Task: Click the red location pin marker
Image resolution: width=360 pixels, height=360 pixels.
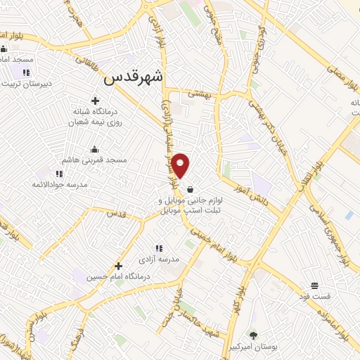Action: (x=181, y=165)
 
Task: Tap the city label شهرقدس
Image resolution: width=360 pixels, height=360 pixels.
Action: (x=133, y=79)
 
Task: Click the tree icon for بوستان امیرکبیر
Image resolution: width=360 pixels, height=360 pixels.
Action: (x=253, y=335)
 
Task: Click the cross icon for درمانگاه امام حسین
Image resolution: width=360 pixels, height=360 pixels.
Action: (x=118, y=266)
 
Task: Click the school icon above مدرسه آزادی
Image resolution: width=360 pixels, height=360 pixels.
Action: (x=159, y=247)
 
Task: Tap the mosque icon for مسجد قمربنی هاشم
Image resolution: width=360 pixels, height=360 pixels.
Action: (x=95, y=149)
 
